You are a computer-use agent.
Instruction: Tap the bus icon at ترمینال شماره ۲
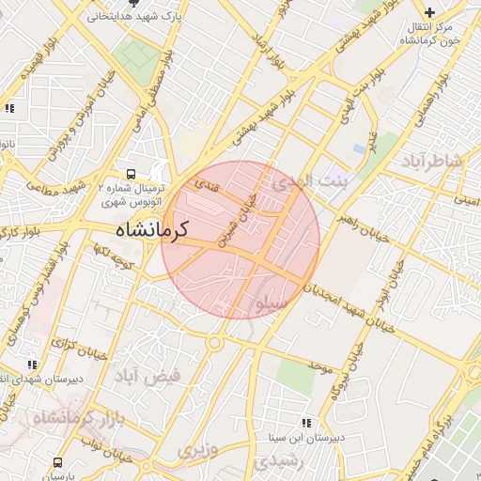pyautogui.click(x=131, y=174)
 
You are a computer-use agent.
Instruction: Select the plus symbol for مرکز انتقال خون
pyautogui.click(x=429, y=13)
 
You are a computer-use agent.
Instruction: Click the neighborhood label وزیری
pyautogui.click(x=198, y=451)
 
